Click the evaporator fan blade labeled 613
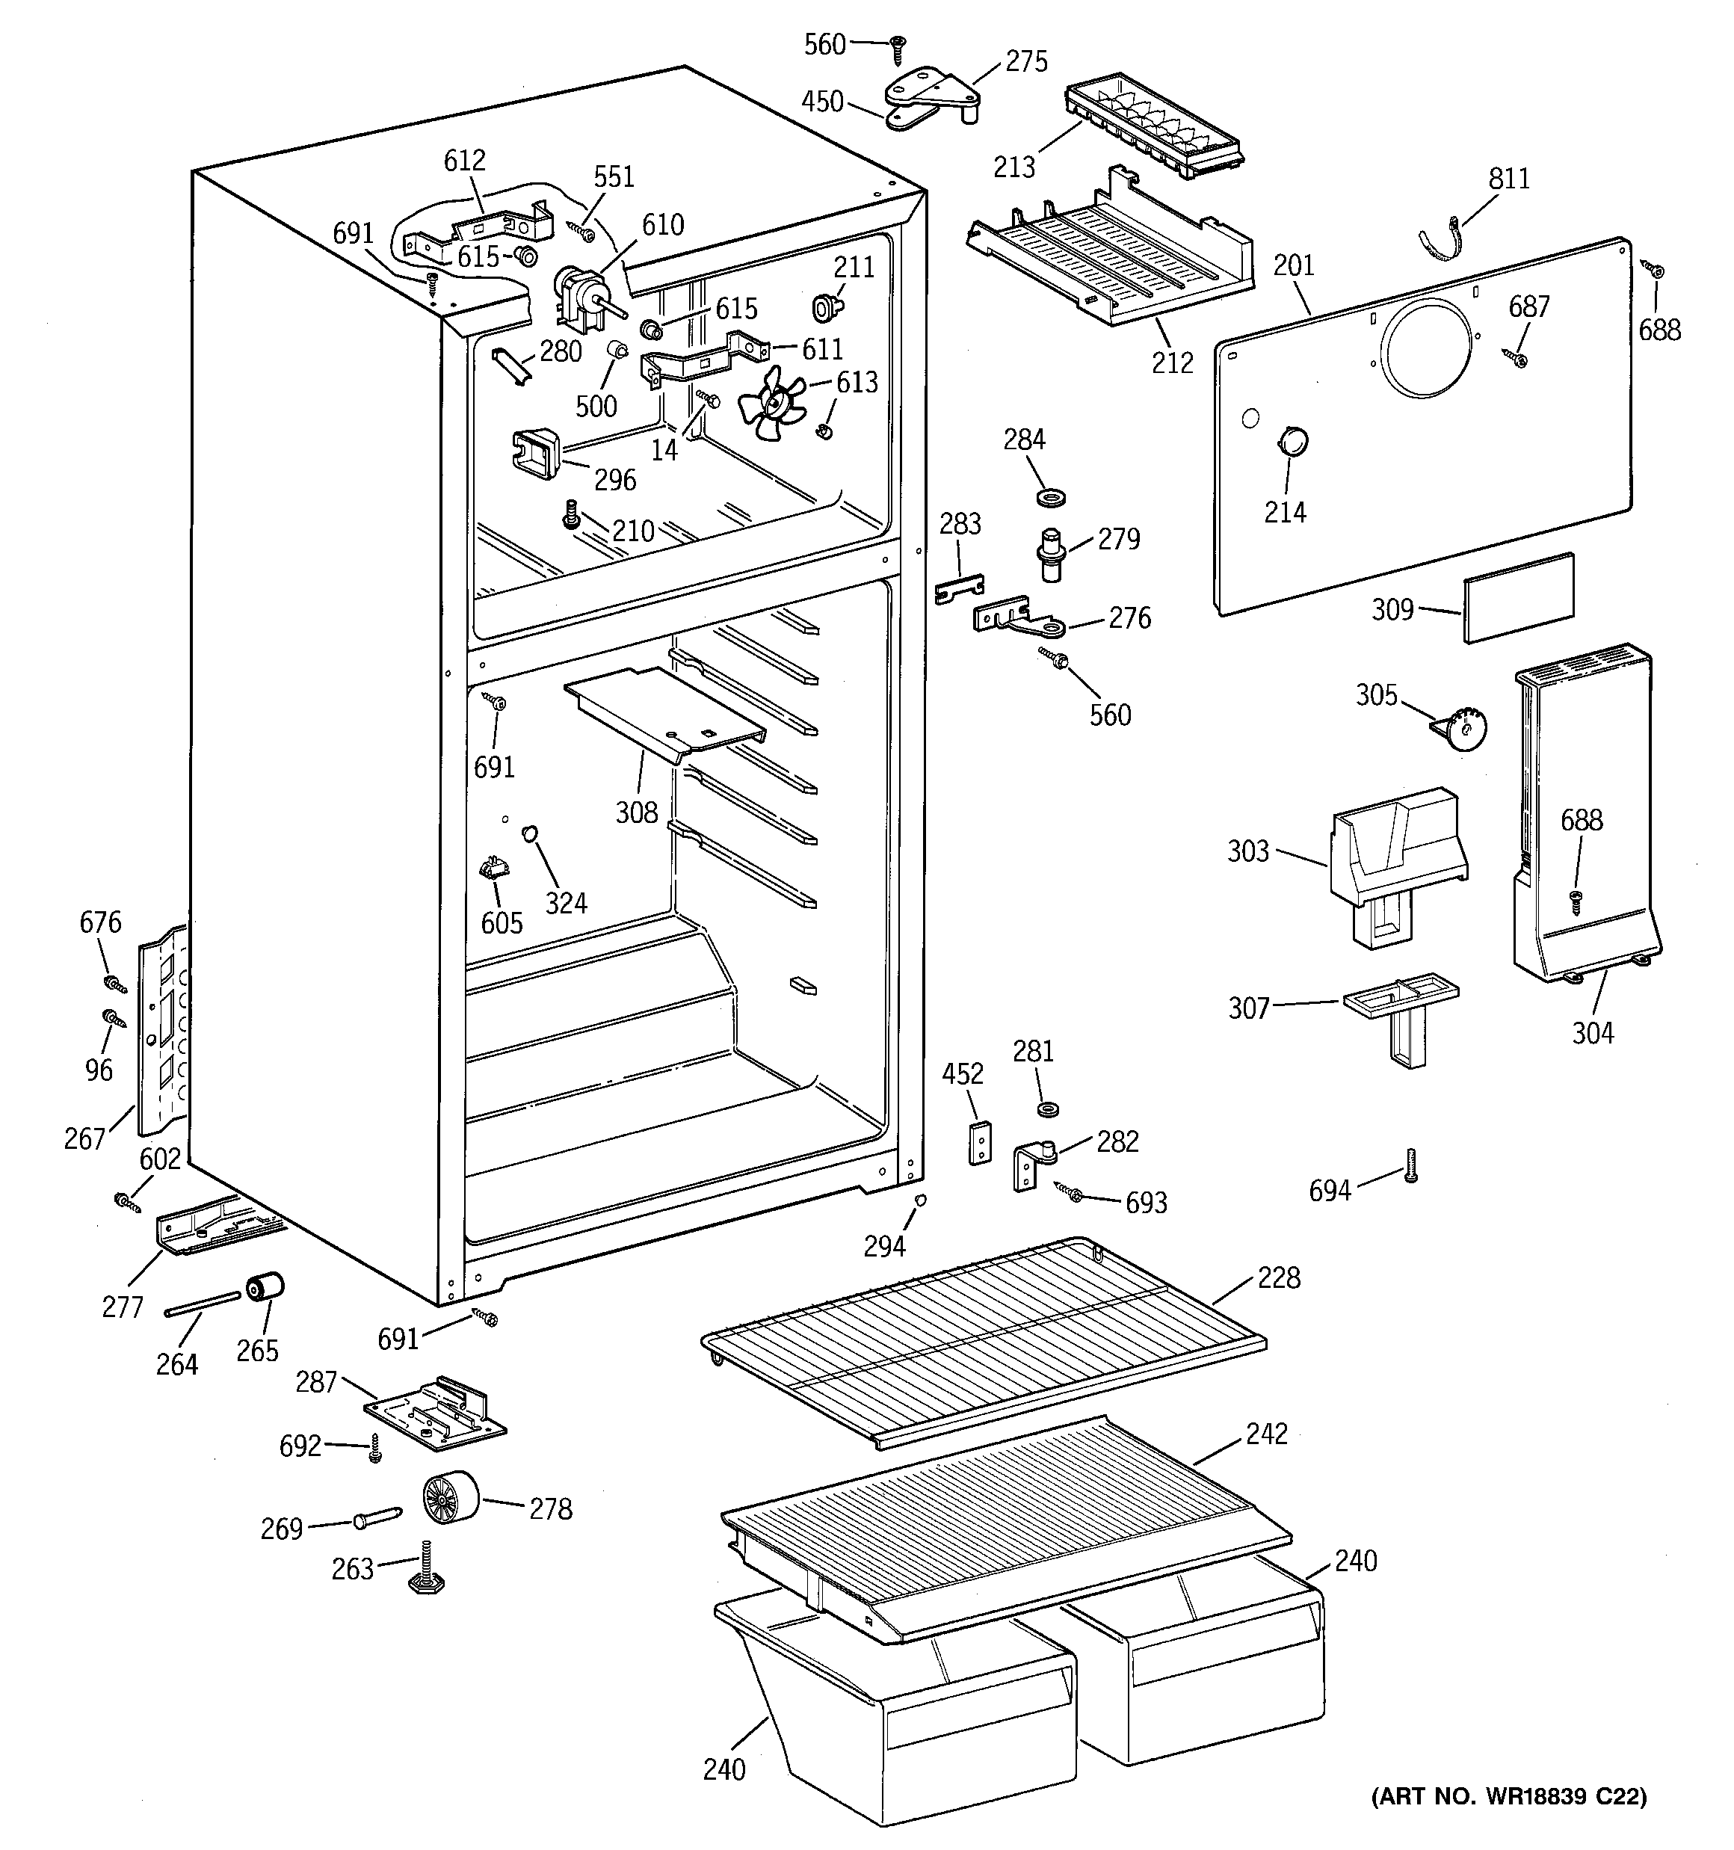tap(771, 403)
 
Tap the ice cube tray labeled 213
tap(1154, 129)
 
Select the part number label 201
tap(1293, 265)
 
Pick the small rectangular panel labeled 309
tap(1519, 597)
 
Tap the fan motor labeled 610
tap(584, 297)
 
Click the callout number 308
tap(637, 813)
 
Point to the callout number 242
tap(1267, 1433)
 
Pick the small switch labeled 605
tap(493, 870)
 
